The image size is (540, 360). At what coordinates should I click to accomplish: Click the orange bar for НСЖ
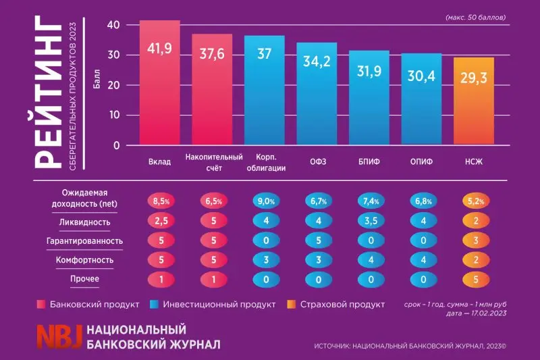[x=474, y=101]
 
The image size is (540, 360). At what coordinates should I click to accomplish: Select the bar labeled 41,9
[x=159, y=82]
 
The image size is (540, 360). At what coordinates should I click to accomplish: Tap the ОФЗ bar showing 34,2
[x=317, y=94]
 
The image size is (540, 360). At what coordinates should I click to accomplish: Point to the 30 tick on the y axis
[x=113, y=55]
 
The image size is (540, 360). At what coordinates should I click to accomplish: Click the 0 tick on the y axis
[x=116, y=145]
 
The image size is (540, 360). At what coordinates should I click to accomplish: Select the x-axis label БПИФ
[x=369, y=161]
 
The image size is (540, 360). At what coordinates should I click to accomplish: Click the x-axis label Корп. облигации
[x=266, y=163]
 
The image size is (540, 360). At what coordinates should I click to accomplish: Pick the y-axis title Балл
[x=97, y=78]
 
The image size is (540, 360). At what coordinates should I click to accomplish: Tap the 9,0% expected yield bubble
[x=266, y=201]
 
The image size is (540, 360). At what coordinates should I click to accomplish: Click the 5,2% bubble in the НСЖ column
[x=476, y=201]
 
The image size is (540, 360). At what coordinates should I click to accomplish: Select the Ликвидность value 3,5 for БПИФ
[x=371, y=221]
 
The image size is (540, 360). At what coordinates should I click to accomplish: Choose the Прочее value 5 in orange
[x=476, y=280]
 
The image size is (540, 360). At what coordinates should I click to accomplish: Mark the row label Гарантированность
[x=84, y=241]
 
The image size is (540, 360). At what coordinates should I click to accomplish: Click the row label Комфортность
[x=84, y=260]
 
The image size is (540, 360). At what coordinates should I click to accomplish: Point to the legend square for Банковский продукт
[x=41, y=305]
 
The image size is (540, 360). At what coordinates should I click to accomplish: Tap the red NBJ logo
[x=59, y=336]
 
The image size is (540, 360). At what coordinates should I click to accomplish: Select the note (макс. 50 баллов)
[x=476, y=18]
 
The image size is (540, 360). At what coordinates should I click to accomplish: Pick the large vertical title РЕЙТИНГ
[x=48, y=92]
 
